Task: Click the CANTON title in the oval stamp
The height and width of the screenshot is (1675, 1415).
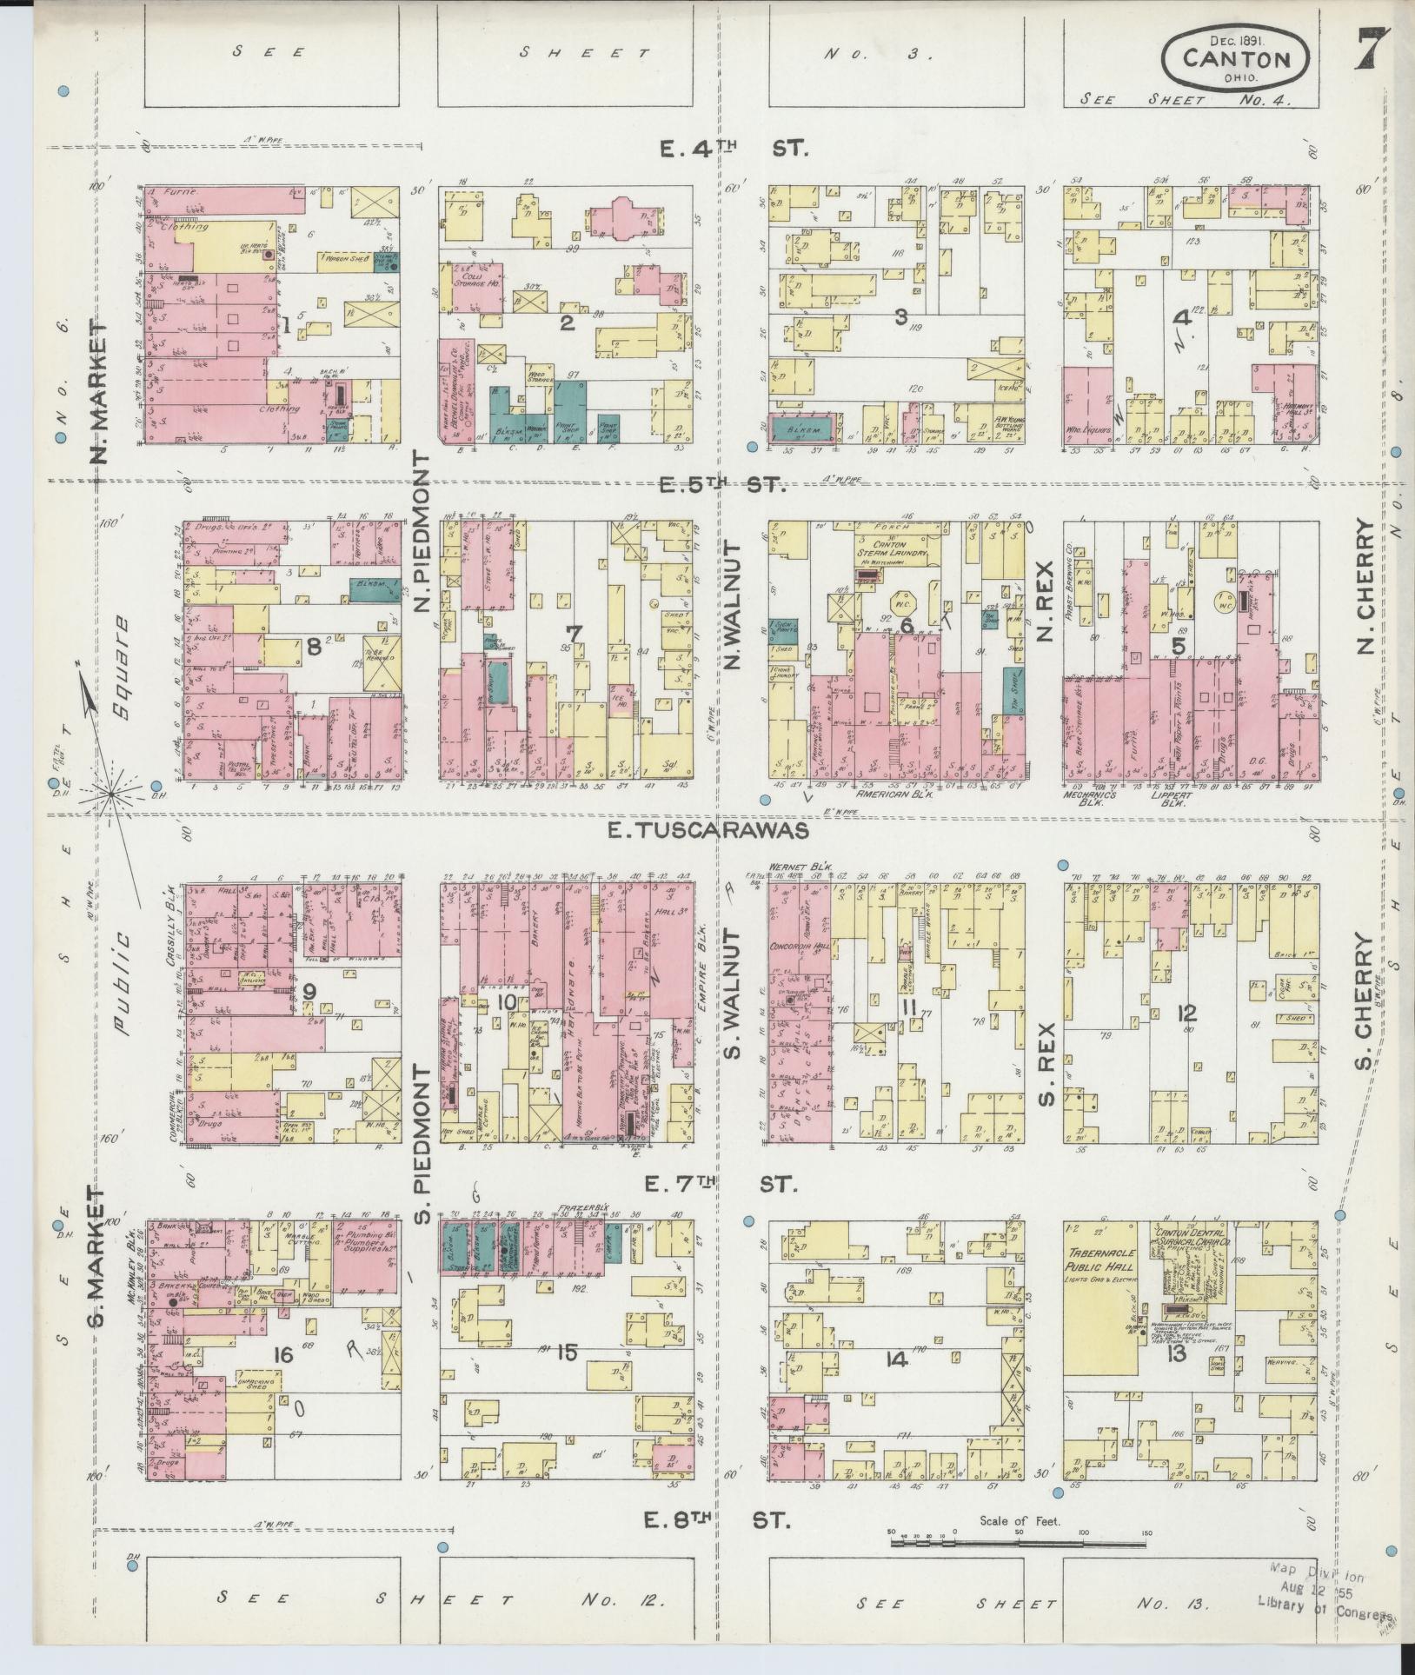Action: (x=1236, y=59)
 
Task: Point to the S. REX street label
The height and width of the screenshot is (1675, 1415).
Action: (x=1046, y=1062)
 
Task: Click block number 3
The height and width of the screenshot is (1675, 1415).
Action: (x=902, y=317)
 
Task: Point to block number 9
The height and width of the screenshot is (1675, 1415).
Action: (x=309, y=992)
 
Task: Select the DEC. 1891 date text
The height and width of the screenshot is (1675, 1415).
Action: (x=1235, y=39)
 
